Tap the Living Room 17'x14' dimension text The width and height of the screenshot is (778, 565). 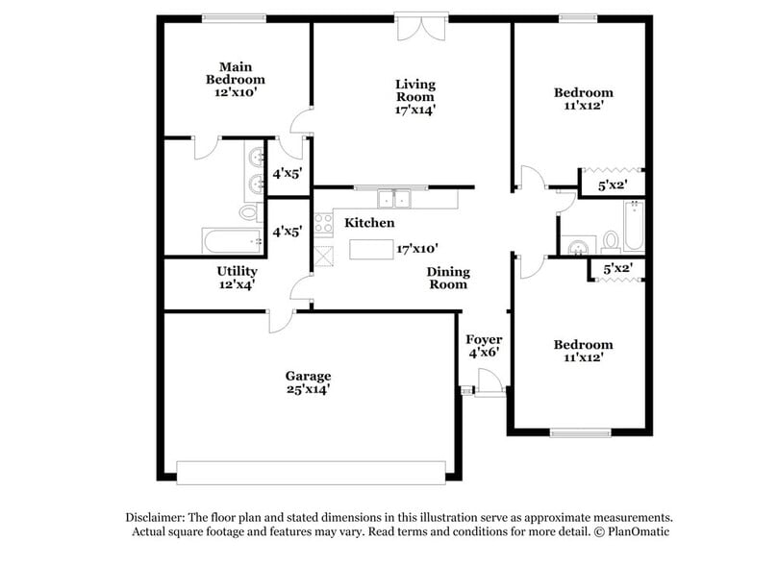tap(414, 110)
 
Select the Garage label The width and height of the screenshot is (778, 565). tap(308, 376)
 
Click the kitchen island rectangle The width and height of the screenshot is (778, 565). tap(371, 249)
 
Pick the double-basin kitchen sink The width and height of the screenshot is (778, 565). tap(393, 200)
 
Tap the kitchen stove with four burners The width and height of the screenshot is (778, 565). tap(323, 223)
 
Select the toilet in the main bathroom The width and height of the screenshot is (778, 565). tap(248, 211)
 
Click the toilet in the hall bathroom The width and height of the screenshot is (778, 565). tap(610, 240)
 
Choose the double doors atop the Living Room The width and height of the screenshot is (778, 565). tap(420, 27)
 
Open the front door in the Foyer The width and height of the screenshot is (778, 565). tap(489, 382)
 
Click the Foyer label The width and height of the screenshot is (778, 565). tap(484, 340)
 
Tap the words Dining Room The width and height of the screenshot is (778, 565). tap(447, 278)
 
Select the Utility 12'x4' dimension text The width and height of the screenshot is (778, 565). tap(236, 285)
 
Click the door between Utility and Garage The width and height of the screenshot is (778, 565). tap(282, 320)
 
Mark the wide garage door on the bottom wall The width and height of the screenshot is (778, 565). tap(311, 472)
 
